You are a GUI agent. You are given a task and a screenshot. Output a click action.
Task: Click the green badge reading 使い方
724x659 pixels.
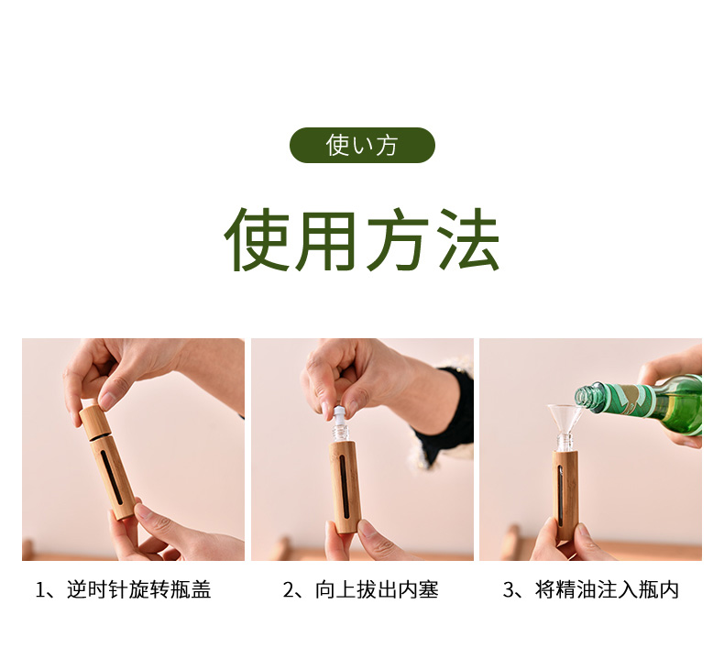[362, 145]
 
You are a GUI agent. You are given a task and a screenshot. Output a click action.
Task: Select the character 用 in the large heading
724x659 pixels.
[326, 240]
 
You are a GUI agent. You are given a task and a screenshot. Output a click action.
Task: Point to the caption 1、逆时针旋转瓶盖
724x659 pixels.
[123, 589]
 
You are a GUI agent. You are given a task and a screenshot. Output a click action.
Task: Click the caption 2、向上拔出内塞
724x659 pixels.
[360, 589]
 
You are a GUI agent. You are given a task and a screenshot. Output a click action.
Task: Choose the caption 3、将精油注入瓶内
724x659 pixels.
[590, 589]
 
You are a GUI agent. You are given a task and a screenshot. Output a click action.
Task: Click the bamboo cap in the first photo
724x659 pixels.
[94, 422]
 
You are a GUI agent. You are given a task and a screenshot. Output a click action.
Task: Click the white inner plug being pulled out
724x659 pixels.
[340, 412]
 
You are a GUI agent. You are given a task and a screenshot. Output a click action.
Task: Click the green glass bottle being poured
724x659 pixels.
[639, 403]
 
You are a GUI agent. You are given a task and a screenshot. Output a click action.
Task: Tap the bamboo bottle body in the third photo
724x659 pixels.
[566, 496]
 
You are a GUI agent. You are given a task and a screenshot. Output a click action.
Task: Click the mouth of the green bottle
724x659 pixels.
[580, 398]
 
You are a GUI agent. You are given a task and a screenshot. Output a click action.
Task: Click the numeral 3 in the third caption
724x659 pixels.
[508, 590]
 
